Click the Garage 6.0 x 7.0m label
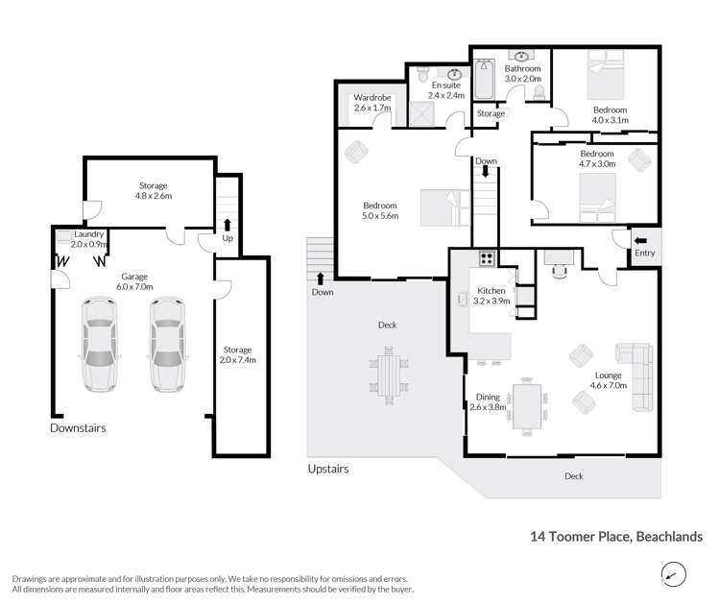121,281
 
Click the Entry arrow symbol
640,241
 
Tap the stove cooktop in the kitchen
486,257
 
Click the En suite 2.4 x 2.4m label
445,91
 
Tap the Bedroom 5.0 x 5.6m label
380,210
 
